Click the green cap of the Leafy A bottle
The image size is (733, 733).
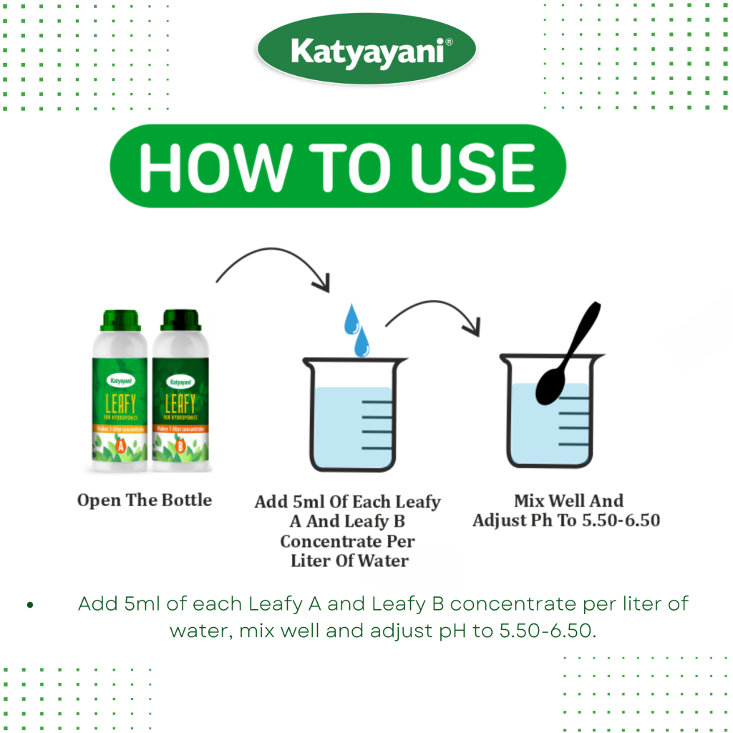[120, 320]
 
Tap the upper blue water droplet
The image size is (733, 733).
[351, 319]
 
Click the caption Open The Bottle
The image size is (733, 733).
[145, 500]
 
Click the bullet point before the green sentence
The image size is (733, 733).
[30, 606]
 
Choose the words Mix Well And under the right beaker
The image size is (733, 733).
[568, 500]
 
